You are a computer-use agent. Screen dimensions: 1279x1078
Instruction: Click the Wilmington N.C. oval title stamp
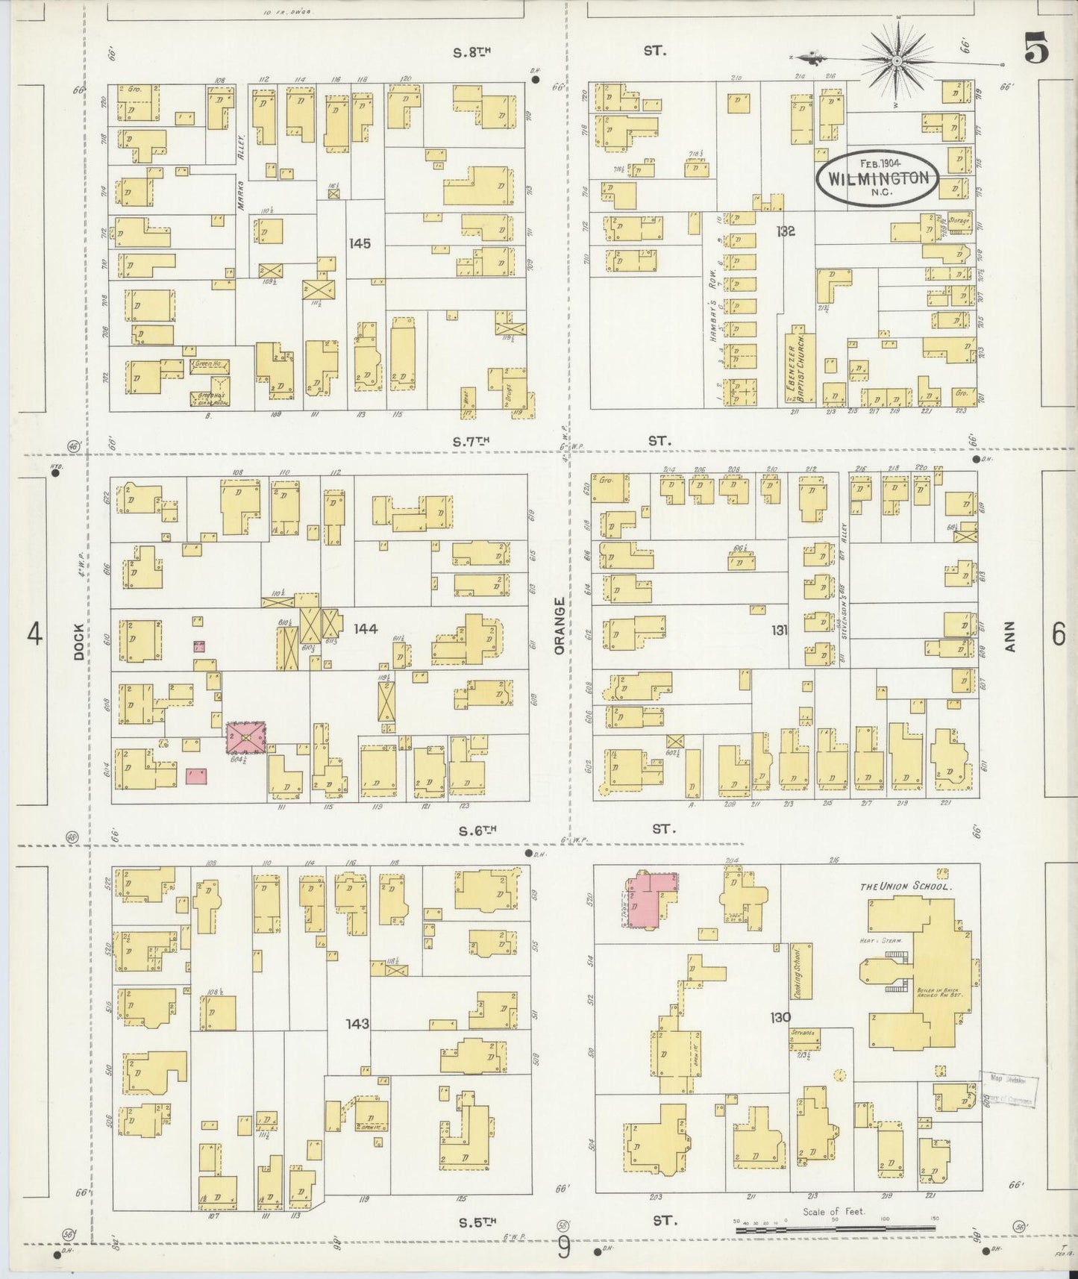877,178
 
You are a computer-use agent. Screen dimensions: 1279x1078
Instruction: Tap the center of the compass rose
896,58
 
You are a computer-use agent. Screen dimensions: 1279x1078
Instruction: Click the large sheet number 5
1036,49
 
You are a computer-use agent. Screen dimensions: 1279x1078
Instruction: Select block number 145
359,243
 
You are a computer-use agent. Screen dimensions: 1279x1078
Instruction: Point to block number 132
785,231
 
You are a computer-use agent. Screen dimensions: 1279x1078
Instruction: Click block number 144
365,629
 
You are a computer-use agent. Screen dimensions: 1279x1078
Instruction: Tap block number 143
357,1023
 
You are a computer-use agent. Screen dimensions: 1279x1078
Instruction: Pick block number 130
780,1017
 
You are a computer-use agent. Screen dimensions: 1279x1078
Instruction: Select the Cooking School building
800,971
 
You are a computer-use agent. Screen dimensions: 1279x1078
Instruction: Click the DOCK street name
80,642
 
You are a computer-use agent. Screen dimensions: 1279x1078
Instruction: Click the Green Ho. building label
210,366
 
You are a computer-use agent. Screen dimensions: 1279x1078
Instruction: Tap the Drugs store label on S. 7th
511,395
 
